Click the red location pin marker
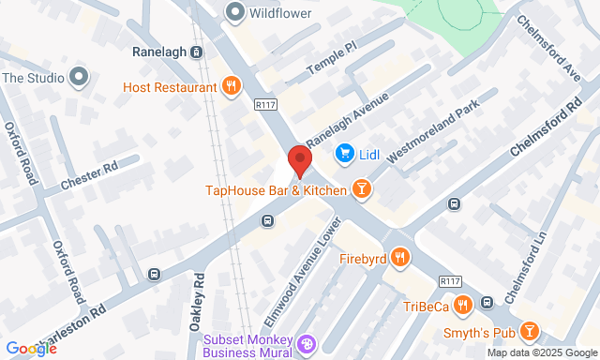click(299, 161)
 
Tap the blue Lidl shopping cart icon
click(344, 152)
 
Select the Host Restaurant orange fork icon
click(230, 86)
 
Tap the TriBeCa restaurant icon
click(462, 306)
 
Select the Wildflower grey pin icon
click(234, 13)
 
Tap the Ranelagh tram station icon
click(196, 52)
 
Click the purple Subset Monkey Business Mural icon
click(306, 346)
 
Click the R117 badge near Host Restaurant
click(265, 106)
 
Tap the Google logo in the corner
click(30, 349)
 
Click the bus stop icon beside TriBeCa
click(487, 302)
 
